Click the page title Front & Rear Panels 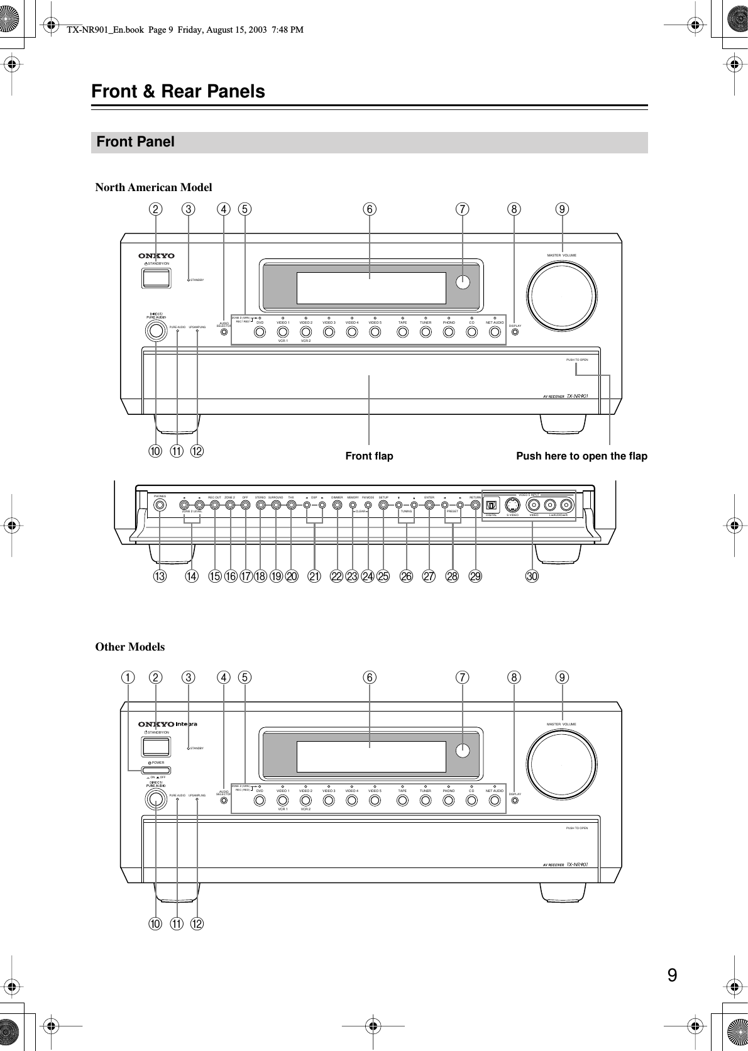pyautogui.click(x=178, y=92)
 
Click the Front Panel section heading pyautogui.click(x=136, y=142)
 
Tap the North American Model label pyautogui.click(x=153, y=187)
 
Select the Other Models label pyautogui.click(x=129, y=647)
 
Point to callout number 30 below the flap pyautogui.click(x=533, y=576)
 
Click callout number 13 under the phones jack pyautogui.click(x=160, y=576)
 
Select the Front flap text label pyautogui.click(x=369, y=456)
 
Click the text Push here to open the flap pyautogui.click(x=581, y=456)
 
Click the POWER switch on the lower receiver pyautogui.click(x=156, y=769)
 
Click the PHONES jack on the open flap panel pyautogui.click(x=161, y=504)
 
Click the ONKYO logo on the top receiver pyautogui.click(x=157, y=256)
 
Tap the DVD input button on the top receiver pyautogui.click(x=260, y=331)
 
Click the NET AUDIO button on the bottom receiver pyautogui.click(x=495, y=800)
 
